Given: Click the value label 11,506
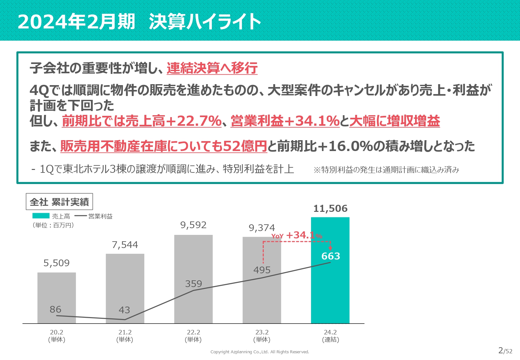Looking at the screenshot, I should pos(330,209).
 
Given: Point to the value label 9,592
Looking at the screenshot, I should pos(193,225).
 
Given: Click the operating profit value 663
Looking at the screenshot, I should pos(331,256).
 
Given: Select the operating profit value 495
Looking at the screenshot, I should pos(262,270).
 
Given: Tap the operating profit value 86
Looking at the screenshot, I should pos(55,309).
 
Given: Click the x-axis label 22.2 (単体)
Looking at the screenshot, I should pos(193,336).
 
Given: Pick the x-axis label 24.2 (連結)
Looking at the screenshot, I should pos(330,336).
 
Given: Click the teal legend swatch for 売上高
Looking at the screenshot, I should pos(41,216).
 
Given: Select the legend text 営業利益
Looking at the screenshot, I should pos(100,216).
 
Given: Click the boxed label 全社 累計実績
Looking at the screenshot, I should pos(59,202).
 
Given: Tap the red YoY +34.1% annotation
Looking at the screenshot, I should pos(297,235).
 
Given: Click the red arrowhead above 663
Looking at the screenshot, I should pos(330,248).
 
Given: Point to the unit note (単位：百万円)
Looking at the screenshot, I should pos(53,225).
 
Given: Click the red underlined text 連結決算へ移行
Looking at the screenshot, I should pos(212,68).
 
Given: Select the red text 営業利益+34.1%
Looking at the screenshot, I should pos(285,121).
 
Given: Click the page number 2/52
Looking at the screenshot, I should pos(505,351).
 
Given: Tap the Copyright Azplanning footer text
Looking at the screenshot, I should pos(260,352).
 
